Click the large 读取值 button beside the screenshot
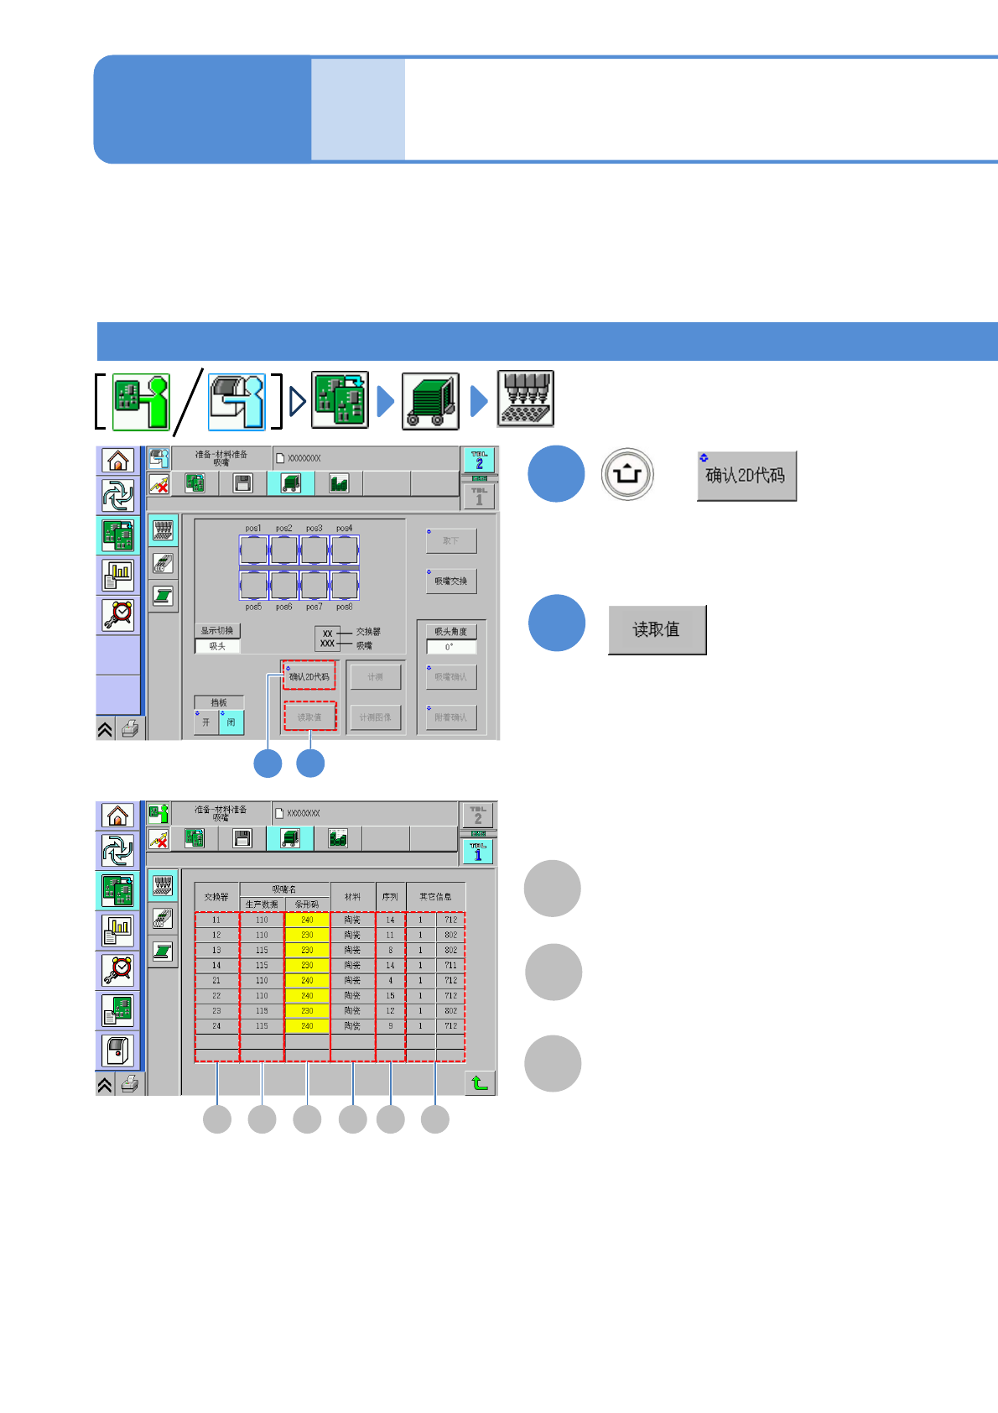pyautogui.click(x=657, y=629)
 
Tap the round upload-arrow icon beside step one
pyautogui.click(x=626, y=474)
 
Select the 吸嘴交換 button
pyautogui.click(x=451, y=581)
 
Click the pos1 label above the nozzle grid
pyautogui.click(x=253, y=529)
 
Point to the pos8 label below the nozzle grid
pyautogui.click(x=344, y=607)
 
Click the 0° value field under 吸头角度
pyautogui.click(x=450, y=647)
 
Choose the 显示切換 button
pyautogui.click(x=217, y=630)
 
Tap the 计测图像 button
pyautogui.click(x=375, y=717)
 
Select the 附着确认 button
pyautogui.click(x=451, y=717)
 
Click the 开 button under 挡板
pyautogui.click(x=206, y=722)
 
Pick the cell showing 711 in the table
pyautogui.click(x=451, y=966)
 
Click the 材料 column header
pyautogui.click(x=352, y=897)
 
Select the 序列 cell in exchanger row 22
pyautogui.click(x=390, y=996)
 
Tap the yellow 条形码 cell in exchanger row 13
pyautogui.click(x=307, y=951)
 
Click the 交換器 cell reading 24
pyautogui.click(x=216, y=1026)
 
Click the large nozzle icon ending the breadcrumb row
pyautogui.click(x=525, y=399)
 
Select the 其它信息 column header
pyautogui.click(x=435, y=897)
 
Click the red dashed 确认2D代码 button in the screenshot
pyautogui.click(x=309, y=676)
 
